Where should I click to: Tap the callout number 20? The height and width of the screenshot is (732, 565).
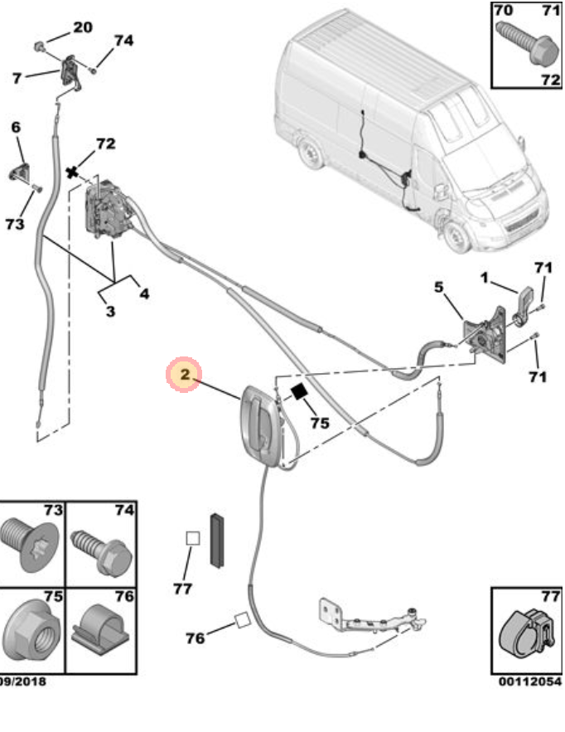83,27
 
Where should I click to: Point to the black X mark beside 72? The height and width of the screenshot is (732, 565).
75,172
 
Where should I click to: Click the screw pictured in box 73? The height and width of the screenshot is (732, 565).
27,544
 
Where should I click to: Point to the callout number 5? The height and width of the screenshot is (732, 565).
439,288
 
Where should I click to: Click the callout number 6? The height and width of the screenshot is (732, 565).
15,127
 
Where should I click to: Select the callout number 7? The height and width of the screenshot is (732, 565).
17,78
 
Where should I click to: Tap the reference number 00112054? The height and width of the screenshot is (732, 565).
530,681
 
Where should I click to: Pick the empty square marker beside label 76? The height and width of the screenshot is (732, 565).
243,619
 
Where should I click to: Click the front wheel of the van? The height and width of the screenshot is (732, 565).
455,237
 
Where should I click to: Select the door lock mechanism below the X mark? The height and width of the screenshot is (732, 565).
107,211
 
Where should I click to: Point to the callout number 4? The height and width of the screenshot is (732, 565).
144,293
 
